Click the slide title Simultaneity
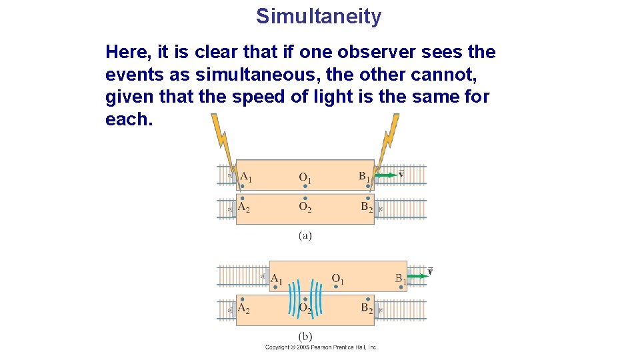319,16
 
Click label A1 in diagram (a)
245,177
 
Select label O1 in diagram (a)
305,178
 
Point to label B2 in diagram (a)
367,207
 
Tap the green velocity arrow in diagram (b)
418,275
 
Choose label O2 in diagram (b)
305,308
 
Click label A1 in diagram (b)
276,279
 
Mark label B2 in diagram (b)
367,308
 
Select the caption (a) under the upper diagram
305,235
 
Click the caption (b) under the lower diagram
305,337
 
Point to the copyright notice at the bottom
321,347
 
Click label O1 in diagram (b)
338,279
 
